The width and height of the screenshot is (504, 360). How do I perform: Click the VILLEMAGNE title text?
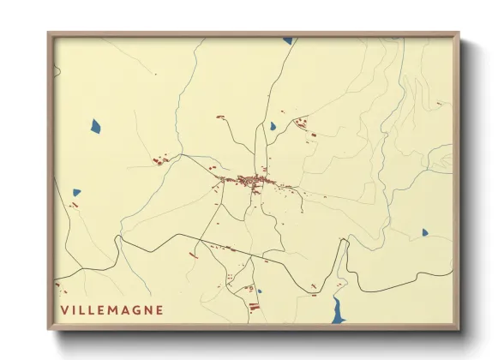(x=111, y=309)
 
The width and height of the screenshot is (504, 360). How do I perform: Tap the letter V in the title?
(x=64, y=309)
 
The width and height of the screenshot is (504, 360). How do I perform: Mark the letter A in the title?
(x=126, y=309)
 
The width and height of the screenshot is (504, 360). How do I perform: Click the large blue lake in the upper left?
(x=95, y=126)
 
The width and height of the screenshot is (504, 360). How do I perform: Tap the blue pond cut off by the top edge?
(x=288, y=40)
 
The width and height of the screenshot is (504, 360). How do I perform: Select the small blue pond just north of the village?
(x=273, y=126)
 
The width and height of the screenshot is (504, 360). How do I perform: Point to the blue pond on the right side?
(x=424, y=231)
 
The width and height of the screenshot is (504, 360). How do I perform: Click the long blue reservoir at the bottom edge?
(x=339, y=313)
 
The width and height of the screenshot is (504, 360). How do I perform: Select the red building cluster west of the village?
(x=159, y=159)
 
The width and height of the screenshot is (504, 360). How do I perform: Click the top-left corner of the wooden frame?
(x=49, y=34)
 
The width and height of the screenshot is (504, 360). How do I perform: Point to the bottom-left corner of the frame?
(x=49, y=329)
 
